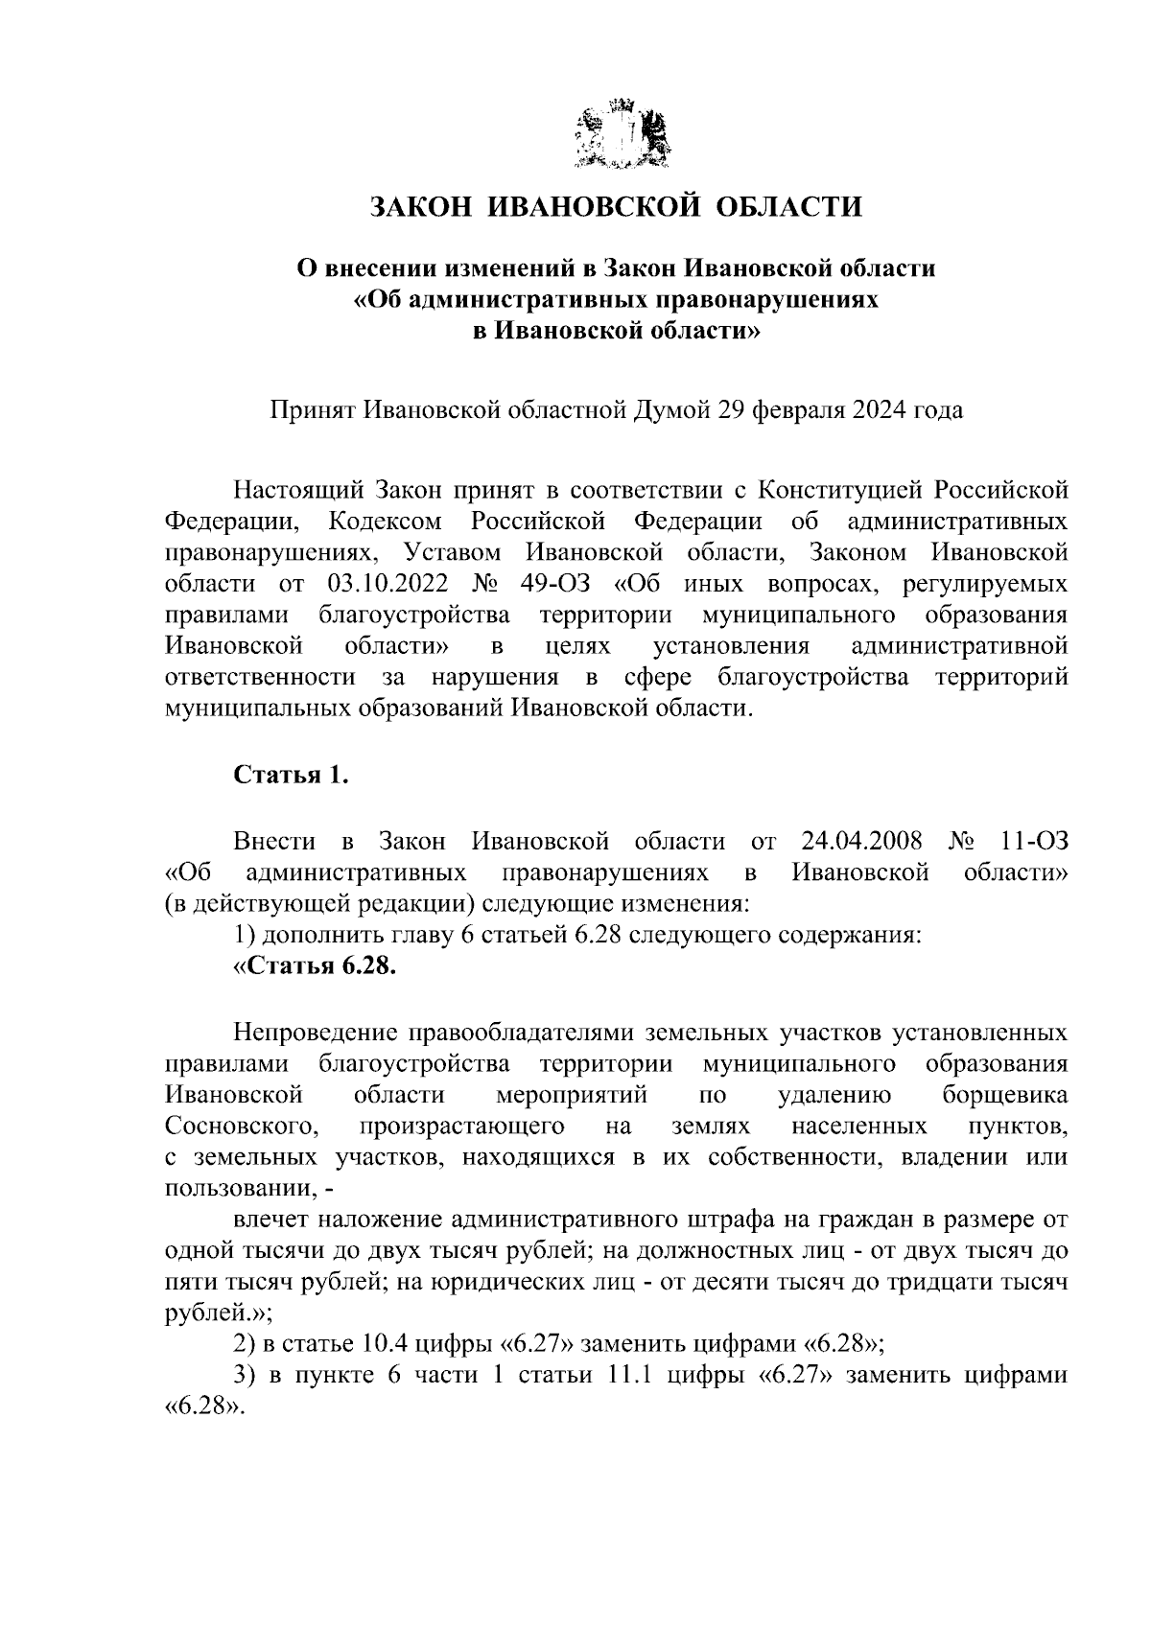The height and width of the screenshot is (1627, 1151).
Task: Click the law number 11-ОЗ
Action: (x=1033, y=841)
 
